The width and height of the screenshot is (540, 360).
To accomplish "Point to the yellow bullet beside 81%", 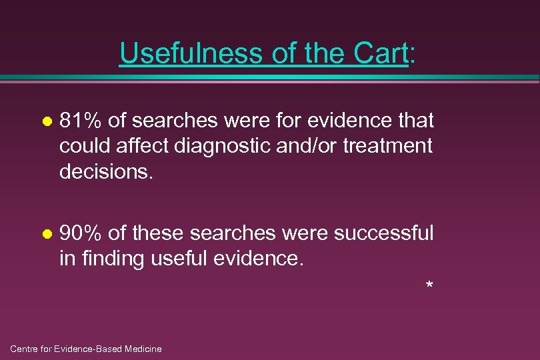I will click(x=46, y=122).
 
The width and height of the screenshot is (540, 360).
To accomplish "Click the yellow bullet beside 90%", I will click(x=46, y=235).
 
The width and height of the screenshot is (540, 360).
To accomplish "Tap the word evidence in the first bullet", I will click(x=346, y=121).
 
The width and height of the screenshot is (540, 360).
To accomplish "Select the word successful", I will click(x=383, y=233).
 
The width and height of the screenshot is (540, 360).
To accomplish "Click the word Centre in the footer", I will click(x=25, y=349).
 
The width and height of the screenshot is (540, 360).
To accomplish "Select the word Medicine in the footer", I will click(x=143, y=349).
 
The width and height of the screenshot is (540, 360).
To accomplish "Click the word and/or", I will click(x=313, y=145).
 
